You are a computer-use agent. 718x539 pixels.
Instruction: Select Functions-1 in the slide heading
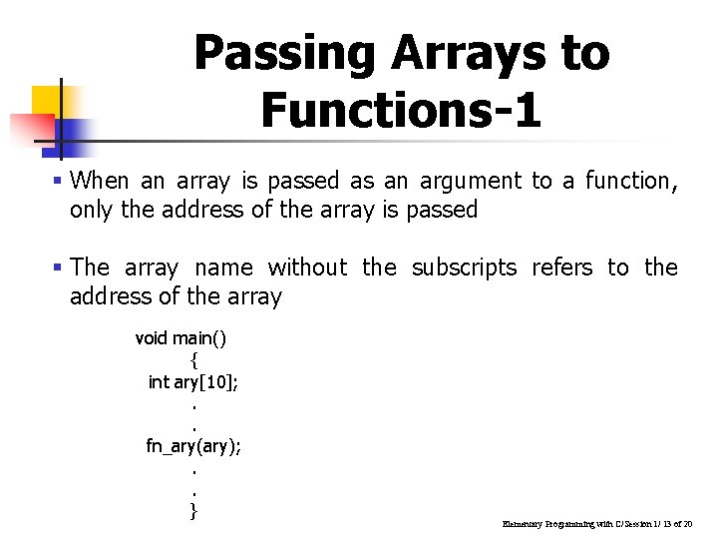tap(401, 109)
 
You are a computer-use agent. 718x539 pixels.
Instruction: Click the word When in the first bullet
tap(101, 181)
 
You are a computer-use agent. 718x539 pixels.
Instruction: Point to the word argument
tap(470, 182)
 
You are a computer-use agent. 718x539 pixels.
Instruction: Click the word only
tap(91, 210)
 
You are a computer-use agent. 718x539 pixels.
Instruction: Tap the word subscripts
tap(464, 268)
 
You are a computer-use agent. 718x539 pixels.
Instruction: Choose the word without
tap(307, 268)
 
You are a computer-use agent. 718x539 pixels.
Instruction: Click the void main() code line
tap(180, 338)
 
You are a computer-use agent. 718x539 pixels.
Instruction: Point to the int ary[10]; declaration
tap(192, 381)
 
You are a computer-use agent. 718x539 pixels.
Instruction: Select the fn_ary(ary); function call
tap(193, 446)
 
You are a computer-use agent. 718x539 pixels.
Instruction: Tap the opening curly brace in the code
tap(193, 359)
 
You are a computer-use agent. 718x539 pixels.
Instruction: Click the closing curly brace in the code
tap(193, 511)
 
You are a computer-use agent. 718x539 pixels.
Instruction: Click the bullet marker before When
tap(60, 182)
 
